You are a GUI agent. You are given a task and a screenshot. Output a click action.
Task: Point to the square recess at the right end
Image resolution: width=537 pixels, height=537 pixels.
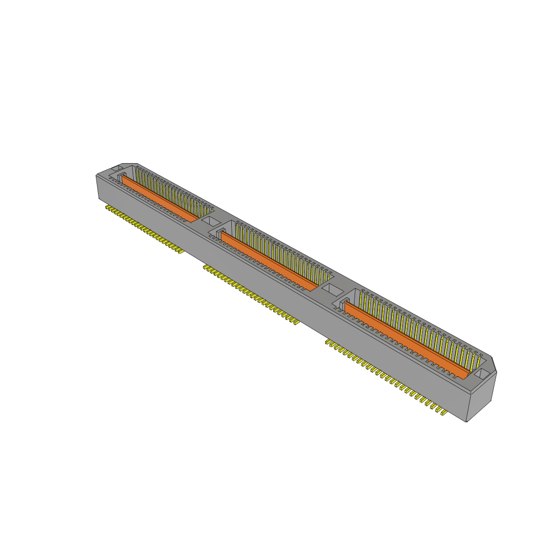tap(481, 373)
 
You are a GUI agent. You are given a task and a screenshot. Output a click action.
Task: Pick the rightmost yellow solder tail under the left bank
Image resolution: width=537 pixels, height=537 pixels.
tap(181, 252)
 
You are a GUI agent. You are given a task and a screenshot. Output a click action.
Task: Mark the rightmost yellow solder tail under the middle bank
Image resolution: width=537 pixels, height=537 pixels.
tap(296, 322)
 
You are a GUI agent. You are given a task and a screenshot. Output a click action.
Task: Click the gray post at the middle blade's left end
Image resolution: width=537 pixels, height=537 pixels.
tap(219, 232)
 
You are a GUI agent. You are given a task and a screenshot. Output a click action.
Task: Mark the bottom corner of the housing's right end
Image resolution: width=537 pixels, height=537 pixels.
tap(467, 422)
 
